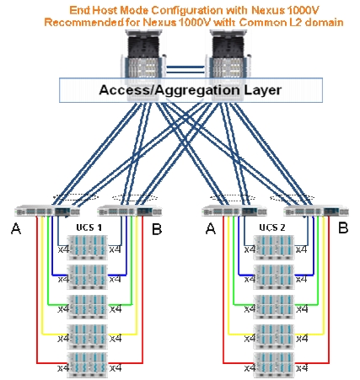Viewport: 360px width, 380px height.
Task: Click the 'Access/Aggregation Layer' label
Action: (x=191, y=90)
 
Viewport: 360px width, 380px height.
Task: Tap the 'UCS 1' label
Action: (x=89, y=227)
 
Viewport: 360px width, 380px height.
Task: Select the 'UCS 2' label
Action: (x=272, y=227)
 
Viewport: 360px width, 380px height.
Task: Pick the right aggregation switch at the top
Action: (x=229, y=65)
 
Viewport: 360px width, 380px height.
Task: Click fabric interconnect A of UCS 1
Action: (x=47, y=211)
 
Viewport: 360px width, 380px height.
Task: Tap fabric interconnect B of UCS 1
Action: (x=130, y=211)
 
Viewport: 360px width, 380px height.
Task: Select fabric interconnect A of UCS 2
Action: (x=234, y=211)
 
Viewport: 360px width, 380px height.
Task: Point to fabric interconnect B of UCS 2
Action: (x=316, y=211)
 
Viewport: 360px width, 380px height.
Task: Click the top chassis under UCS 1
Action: (x=87, y=248)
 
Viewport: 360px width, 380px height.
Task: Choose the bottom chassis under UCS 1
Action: (x=87, y=365)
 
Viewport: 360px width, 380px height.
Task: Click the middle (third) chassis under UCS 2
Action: (x=274, y=307)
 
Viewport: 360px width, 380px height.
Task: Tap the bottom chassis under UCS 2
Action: (x=274, y=365)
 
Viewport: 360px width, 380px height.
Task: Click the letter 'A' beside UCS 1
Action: (x=16, y=229)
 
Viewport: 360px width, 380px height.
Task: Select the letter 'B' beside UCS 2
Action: (x=343, y=227)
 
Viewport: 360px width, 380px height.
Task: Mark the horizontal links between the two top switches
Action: (x=185, y=70)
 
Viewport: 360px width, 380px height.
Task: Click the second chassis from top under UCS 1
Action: (x=87, y=277)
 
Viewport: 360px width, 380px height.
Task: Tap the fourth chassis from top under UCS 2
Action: (x=274, y=336)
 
